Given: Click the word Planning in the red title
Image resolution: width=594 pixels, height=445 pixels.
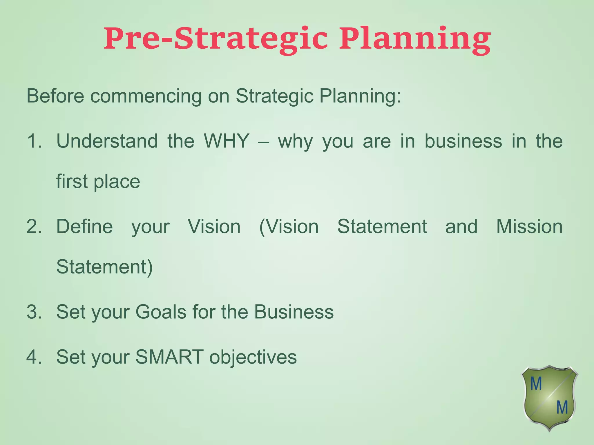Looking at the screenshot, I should tap(415, 39).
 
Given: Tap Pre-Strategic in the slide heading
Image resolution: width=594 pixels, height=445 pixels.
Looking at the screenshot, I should tap(216, 39).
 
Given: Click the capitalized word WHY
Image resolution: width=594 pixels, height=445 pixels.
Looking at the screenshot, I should tap(226, 141).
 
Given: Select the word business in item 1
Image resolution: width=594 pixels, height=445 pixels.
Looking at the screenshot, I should tap(463, 141).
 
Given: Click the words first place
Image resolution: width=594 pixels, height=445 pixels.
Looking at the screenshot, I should tap(98, 182).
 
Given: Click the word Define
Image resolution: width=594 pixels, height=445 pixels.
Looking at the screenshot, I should tap(84, 227).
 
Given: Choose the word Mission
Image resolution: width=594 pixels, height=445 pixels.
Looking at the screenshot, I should tap(529, 227).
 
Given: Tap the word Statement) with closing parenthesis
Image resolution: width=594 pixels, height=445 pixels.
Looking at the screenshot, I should tap(104, 267).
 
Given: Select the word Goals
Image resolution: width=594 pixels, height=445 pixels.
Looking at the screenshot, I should tap(161, 312).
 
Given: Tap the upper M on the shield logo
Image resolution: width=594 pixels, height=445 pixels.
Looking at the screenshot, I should tap(536, 384).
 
